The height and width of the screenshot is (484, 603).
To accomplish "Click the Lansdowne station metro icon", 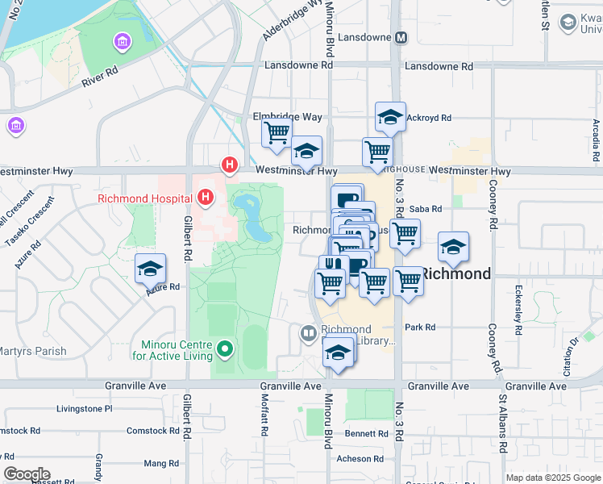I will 401,38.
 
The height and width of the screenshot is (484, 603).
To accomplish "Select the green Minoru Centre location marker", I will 225,349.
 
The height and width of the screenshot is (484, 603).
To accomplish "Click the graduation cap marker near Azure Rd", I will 150,270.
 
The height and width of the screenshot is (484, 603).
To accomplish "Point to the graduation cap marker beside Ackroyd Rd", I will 390,119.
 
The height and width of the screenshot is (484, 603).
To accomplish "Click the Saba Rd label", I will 426,209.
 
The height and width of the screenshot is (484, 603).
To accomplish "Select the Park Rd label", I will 420,327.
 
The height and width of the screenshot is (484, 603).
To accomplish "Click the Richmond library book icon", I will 308,332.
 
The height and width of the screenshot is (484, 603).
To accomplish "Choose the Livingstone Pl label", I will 85,409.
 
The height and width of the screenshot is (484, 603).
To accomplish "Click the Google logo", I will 27,474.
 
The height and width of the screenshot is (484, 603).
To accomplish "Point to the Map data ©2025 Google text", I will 552,478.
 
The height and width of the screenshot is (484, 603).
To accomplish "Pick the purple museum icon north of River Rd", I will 123,41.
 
